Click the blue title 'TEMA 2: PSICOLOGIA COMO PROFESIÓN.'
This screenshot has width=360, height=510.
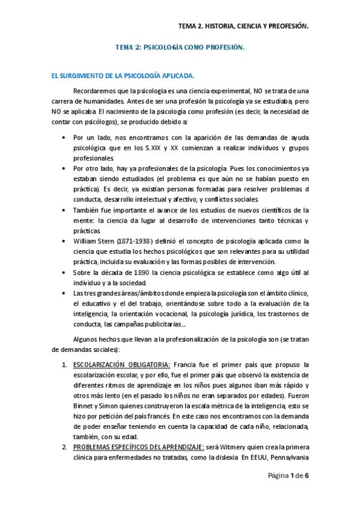click(x=180, y=47)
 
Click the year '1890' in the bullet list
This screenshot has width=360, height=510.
click(x=139, y=272)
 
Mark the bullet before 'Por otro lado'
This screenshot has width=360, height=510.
click(x=64, y=168)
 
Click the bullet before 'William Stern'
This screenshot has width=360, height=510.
click(x=64, y=241)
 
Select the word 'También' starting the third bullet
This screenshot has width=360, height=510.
click(x=87, y=209)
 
